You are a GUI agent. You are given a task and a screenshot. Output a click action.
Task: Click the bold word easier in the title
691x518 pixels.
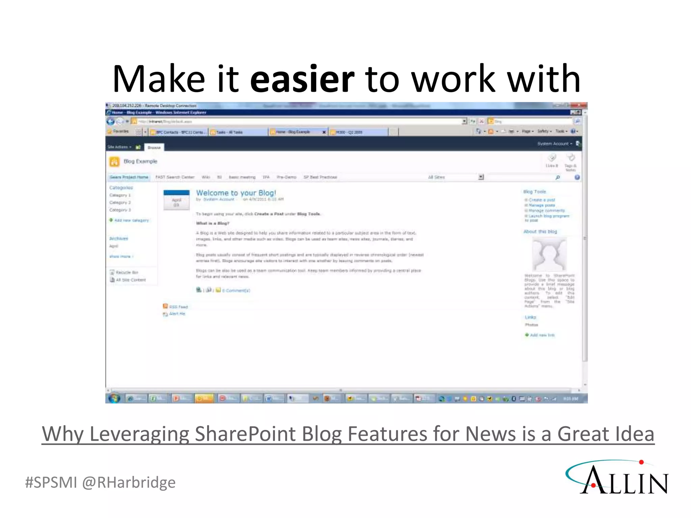pos(302,79)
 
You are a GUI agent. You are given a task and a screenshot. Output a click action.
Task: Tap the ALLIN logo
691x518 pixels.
pos(617,478)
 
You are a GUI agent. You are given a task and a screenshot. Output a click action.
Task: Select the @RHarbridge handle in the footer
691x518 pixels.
pos(129,483)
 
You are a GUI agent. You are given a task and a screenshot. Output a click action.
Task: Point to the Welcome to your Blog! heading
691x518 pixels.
pos(236,193)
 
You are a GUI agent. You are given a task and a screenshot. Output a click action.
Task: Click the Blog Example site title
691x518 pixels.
pos(140,161)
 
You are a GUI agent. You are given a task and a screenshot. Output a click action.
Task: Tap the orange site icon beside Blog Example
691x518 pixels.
pos(114,162)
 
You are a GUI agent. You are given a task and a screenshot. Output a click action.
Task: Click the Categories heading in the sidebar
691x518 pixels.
pos(121,188)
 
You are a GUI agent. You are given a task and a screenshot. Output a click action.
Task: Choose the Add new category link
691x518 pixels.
pos(131,220)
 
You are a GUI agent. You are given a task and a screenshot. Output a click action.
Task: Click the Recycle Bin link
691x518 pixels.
pos(127,272)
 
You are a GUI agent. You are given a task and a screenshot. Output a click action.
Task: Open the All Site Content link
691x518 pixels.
pos(131,280)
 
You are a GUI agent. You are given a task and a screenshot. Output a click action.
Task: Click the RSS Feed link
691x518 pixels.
pos(178,307)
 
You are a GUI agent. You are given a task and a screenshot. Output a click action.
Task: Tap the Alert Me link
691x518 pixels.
pos(177,314)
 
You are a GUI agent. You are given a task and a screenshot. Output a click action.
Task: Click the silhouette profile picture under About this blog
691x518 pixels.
pos(549,254)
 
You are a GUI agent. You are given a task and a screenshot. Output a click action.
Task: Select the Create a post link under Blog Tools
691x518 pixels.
pos(542,200)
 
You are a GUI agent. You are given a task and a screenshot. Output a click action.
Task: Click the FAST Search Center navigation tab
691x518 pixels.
pos(175,177)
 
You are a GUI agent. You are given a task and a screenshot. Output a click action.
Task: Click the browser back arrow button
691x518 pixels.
pos(111,121)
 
